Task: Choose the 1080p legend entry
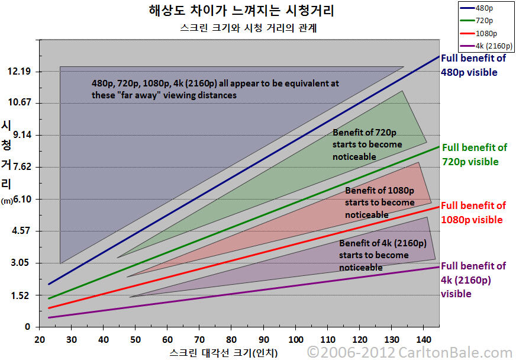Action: pos(486,33)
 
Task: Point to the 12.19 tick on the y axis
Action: pos(18,72)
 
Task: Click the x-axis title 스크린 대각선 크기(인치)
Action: pos(223,352)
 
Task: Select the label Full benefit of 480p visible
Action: pos(473,65)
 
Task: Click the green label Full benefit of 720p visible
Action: pos(474,155)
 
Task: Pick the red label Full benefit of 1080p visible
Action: pos(473,213)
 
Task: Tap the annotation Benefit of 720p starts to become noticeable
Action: pos(367,144)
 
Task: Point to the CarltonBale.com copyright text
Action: pos(411,352)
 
